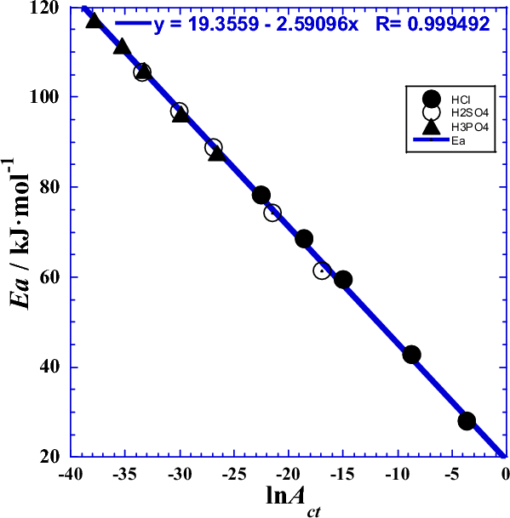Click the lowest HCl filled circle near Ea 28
467,421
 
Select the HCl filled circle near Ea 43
411,355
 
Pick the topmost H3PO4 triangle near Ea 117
95,20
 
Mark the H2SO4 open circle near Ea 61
322,270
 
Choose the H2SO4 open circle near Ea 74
272,213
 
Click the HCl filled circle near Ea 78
261,196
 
